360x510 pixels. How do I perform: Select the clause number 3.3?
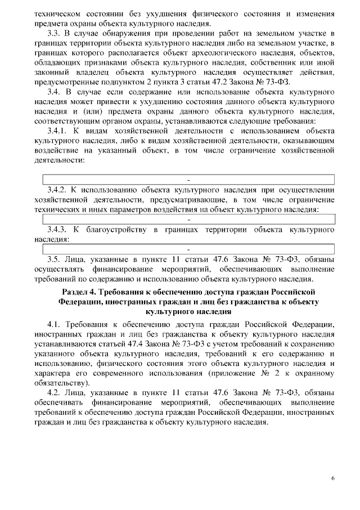tap(55, 34)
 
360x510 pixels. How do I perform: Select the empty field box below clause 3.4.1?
tap(189, 180)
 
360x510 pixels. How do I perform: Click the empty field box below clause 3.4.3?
tap(189, 248)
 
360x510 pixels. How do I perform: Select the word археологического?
tap(214, 53)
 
